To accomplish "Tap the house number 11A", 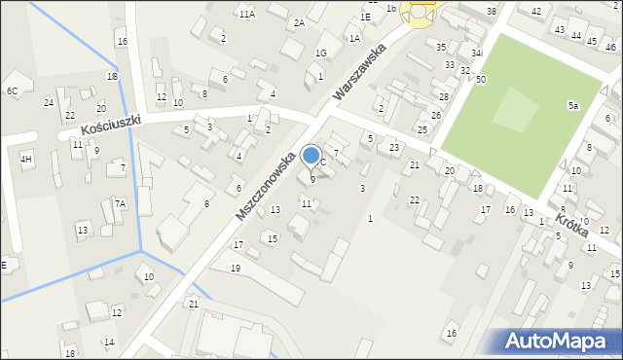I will point(247,14).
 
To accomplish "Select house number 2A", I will point(299,22).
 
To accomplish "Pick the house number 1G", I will point(320,54).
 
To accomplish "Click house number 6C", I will point(12,90).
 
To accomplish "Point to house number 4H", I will point(26,159).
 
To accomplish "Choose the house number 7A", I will point(120,203).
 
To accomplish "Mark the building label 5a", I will point(573,105).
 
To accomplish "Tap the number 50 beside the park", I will point(481,79).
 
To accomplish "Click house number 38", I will point(492,11).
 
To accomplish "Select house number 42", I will point(536,10).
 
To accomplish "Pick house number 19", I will point(235,268).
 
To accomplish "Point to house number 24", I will point(49,102).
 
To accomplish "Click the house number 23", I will point(394,148).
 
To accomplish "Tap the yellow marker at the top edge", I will point(421,12).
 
